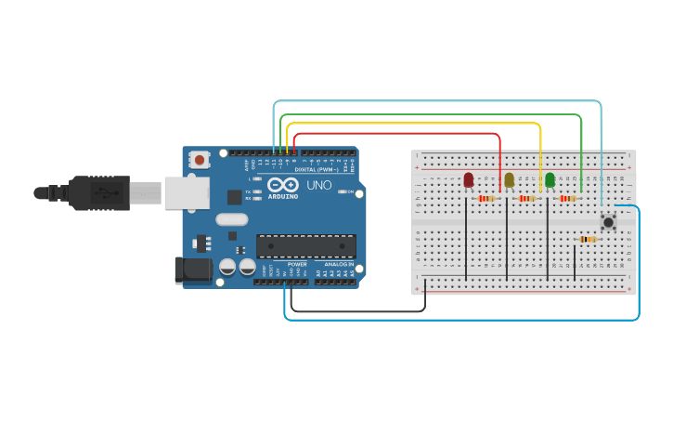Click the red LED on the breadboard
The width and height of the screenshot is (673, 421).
tap(468, 179)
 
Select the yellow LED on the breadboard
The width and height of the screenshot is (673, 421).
tap(509, 179)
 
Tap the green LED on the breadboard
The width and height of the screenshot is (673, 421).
tap(550, 179)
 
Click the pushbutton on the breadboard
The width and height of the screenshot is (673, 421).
tap(608, 221)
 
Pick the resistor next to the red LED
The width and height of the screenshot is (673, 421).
tap(485, 198)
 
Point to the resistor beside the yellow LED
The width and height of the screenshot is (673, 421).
tap(526, 198)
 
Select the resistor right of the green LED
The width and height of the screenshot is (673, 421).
tap(567, 198)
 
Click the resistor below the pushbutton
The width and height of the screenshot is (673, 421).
tap(587, 239)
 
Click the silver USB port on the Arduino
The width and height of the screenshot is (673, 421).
tap(187, 192)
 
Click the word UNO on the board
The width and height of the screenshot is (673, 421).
tap(319, 186)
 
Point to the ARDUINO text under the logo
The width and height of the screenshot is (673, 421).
tap(283, 196)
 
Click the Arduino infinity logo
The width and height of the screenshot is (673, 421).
tap(283, 185)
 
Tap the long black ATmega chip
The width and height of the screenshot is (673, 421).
tap(306, 246)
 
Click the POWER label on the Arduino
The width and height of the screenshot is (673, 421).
tap(297, 265)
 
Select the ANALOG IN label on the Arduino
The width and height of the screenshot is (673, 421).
tap(336, 265)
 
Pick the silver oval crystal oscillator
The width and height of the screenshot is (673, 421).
tap(232, 220)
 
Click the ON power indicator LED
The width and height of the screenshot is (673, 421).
tap(343, 192)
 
